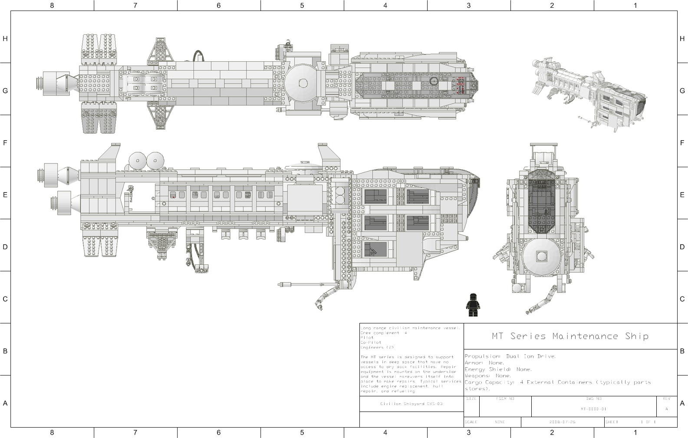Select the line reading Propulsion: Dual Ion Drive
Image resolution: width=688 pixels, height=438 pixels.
510,356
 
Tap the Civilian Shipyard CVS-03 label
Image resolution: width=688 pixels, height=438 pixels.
411,404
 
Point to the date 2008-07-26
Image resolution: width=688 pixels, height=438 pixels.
562,422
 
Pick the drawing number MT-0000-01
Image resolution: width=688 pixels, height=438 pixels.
593,409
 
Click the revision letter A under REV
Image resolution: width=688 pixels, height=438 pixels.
667,409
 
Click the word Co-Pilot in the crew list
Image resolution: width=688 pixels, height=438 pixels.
371,342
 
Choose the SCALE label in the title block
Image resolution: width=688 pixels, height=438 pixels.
471,422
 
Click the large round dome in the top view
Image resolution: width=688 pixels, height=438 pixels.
303,83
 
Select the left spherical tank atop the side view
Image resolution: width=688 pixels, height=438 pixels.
138,161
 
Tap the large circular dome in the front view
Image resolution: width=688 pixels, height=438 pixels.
541,256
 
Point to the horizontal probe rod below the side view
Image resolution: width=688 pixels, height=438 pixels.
300,285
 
